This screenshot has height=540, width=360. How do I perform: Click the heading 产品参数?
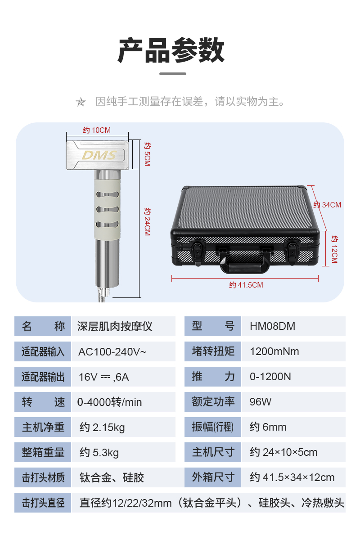tap(171, 50)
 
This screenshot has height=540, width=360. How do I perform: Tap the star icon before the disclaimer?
tap(81, 102)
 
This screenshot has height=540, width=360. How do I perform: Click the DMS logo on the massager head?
tap(99, 155)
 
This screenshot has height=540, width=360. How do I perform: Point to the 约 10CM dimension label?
tap(97, 130)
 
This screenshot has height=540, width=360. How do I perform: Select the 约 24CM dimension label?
tap(147, 221)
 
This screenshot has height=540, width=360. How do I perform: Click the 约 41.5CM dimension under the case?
tap(246, 285)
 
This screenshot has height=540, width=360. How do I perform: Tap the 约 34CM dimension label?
tap(327, 205)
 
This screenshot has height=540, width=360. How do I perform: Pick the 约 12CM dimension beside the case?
tap(334, 248)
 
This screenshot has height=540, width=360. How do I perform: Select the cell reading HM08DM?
tap(273, 326)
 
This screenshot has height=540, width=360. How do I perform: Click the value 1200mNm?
tap(274, 351)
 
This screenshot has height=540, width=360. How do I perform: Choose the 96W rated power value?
tap(261, 402)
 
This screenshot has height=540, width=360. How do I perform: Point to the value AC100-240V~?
tap(112, 351)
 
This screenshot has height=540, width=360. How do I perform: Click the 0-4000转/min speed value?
tap(109, 402)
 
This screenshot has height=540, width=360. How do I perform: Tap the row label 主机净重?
tap(43, 427)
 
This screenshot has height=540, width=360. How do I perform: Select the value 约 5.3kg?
tap(99, 452)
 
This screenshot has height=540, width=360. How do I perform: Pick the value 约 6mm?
tap(268, 427)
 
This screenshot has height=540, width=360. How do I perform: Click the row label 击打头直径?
tap(43, 503)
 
